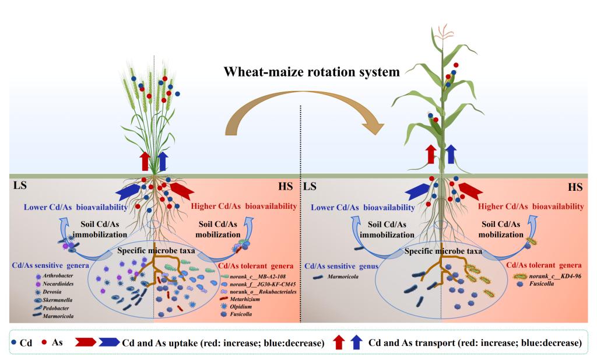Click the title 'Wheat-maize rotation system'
coord(312,74)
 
